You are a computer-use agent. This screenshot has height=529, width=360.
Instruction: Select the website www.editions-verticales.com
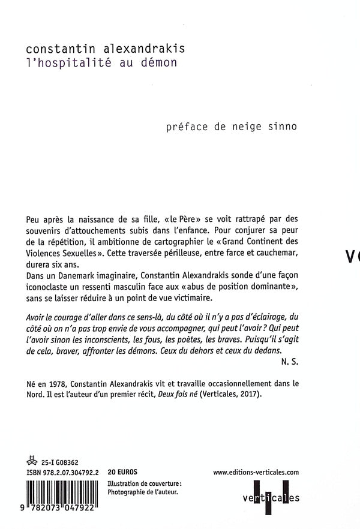pyautogui.click(x=256, y=473)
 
